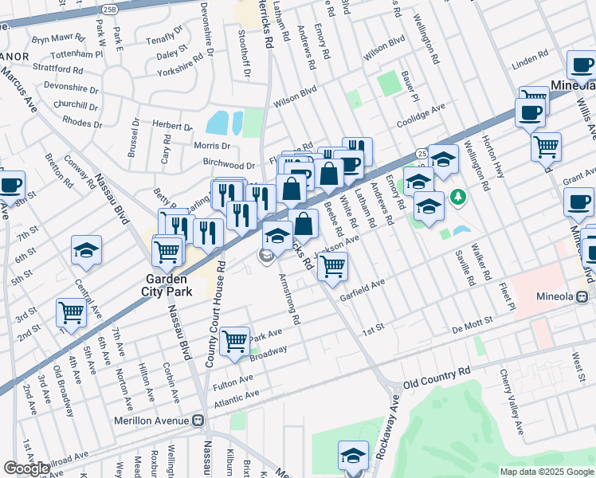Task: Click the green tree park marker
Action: pos(457,196)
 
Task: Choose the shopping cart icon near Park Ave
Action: pos(234,341)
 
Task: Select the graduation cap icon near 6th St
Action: pos(86,250)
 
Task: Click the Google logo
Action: pos(26,468)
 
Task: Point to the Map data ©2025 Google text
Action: pos(546,472)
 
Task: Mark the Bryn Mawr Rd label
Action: pos(57,38)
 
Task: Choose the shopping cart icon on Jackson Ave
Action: pos(332,266)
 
